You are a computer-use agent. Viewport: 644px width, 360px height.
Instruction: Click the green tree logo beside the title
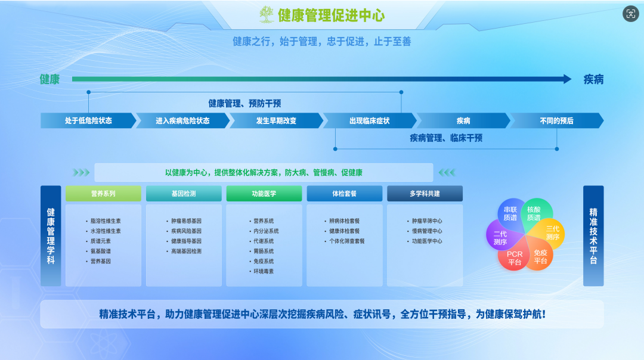click(x=267, y=14)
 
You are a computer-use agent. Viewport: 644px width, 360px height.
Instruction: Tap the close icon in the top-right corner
click(x=630, y=14)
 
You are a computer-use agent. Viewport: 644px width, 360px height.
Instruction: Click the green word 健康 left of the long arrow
click(x=50, y=79)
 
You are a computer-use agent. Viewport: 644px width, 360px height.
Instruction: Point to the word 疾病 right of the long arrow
click(x=593, y=79)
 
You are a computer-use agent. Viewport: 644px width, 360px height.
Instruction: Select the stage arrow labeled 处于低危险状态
click(x=88, y=120)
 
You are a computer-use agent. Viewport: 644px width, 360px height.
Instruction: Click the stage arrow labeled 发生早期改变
click(x=276, y=120)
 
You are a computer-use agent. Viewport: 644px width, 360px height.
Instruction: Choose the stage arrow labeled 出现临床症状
click(x=369, y=120)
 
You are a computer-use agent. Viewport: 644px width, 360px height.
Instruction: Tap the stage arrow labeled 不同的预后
click(x=556, y=120)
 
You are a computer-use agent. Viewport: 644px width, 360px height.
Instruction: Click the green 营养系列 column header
click(x=103, y=194)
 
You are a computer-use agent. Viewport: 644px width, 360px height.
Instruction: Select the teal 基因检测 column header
click(x=184, y=194)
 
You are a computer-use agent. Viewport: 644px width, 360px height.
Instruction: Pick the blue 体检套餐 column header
click(x=344, y=194)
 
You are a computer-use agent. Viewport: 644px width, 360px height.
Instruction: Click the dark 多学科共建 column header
click(x=425, y=194)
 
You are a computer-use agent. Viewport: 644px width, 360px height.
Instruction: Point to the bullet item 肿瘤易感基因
click(x=186, y=221)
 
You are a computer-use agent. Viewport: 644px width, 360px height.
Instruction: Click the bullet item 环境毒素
click(x=264, y=272)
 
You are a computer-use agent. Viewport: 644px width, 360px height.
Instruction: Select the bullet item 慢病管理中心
click(x=427, y=231)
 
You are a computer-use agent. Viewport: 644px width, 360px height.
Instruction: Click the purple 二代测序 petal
click(x=500, y=238)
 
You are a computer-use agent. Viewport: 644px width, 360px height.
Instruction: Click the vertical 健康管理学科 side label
click(x=51, y=236)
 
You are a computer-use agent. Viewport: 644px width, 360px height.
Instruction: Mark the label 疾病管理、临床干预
click(x=445, y=138)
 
